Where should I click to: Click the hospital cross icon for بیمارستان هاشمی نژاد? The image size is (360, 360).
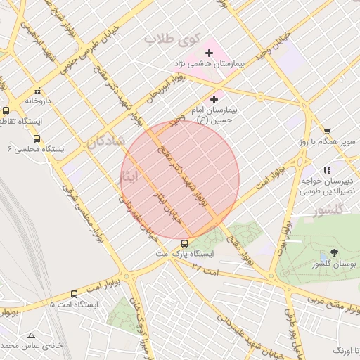209,53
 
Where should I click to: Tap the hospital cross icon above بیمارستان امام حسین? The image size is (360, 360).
214,100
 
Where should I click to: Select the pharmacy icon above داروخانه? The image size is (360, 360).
37,90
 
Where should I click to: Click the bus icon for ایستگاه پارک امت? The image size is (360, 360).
184,243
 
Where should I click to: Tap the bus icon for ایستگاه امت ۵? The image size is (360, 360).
75,294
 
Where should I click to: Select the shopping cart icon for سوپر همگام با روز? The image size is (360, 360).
327,131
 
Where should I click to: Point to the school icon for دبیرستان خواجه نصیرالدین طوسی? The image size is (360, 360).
327,169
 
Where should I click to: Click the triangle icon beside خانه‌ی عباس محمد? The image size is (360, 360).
30,335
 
